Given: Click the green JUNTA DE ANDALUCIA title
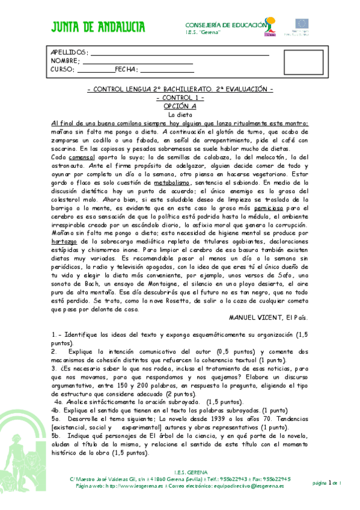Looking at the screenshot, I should click(98, 26).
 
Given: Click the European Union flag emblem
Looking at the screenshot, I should click(301, 24).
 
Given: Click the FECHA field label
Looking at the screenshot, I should click(126, 69).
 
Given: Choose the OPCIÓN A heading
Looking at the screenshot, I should click(180, 105).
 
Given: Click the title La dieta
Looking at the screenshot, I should click(179, 114).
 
